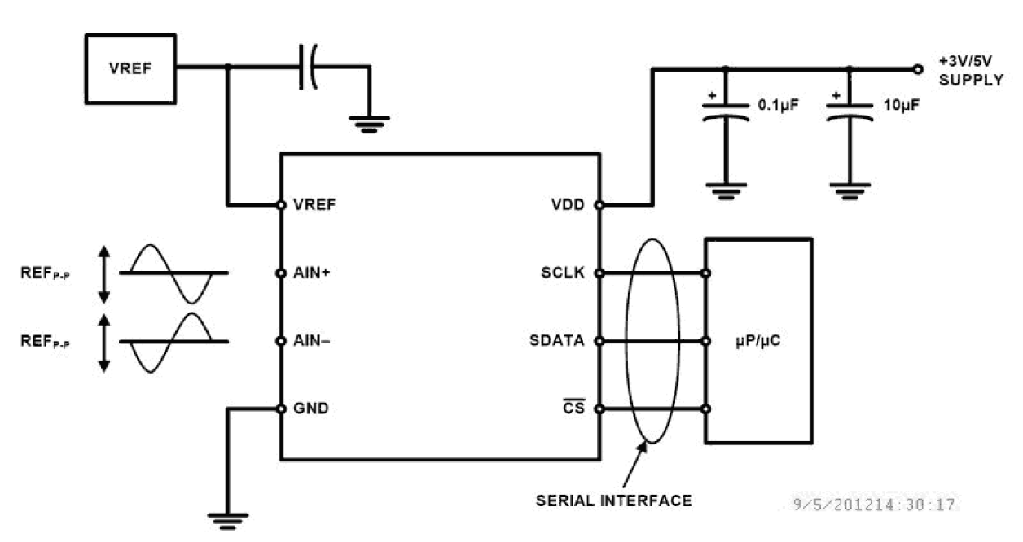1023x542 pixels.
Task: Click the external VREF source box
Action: [x=131, y=68]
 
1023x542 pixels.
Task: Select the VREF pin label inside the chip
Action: [x=310, y=204]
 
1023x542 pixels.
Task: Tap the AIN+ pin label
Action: [x=310, y=273]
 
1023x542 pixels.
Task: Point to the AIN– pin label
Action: [x=310, y=341]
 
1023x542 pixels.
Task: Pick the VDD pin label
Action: [x=568, y=204]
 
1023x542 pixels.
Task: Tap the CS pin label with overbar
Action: [x=574, y=409]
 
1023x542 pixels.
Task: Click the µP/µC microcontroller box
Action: [x=757, y=341]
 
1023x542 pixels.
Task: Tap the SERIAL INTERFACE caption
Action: [x=613, y=500]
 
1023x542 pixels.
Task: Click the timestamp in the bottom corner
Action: [x=875, y=505]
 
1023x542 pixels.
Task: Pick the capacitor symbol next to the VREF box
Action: [x=309, y=68]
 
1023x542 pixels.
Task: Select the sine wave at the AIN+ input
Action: [x=173, y=273]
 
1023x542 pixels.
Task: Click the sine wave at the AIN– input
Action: [x=173, y=342]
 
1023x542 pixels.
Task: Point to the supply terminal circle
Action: [x=918, y=68]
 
